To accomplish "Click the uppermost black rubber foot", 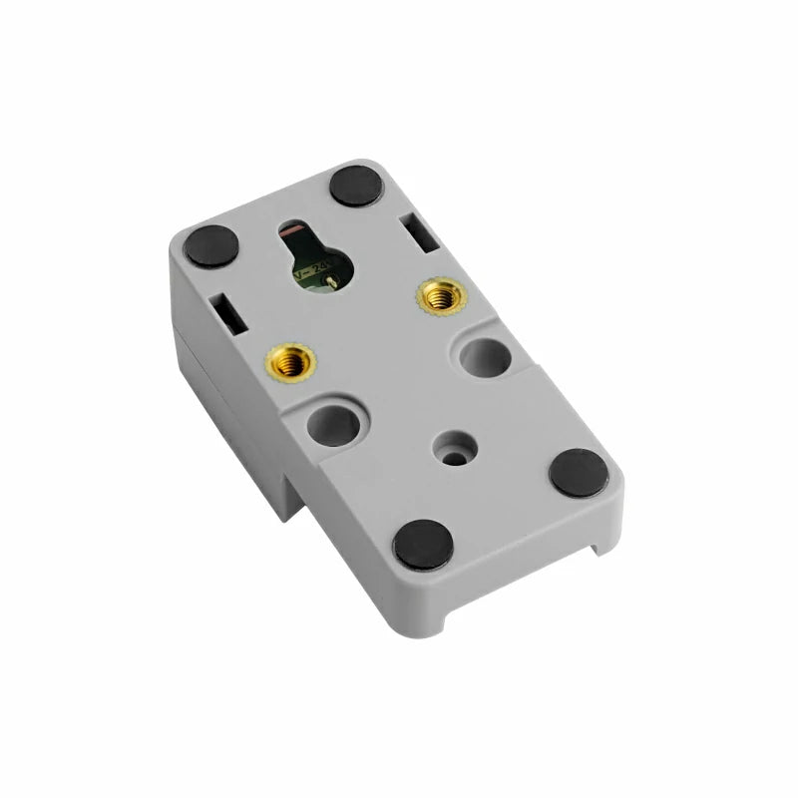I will coord(356,186).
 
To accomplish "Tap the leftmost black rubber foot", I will coord(211,246).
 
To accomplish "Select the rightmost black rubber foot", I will coord(579,473).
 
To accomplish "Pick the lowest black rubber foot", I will coord(423,545).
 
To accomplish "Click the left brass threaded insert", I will coord(290,360).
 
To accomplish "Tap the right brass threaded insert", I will coord(441,296).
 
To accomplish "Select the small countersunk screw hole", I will coord(455,449).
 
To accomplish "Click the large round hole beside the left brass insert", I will coord(333,425).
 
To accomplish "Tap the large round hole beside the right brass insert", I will coord(486,356).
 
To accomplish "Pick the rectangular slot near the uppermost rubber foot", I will coord(420,231).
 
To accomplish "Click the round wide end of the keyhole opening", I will coord(322,270).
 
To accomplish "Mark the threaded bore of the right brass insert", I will coord(441,296).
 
